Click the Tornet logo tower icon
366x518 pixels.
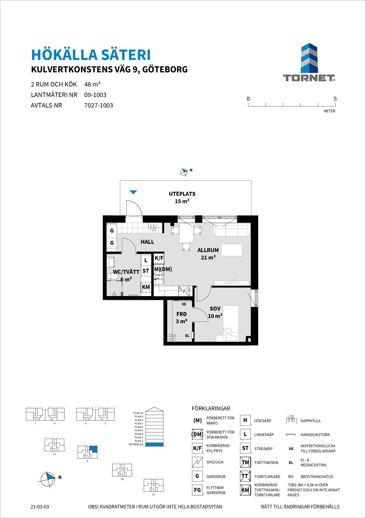click(x=309, y=58)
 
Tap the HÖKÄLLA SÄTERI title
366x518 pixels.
click(x=91, y=54)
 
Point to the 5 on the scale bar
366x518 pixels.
click(x=335, y=99)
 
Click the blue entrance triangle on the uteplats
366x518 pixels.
click(x=133, y=192)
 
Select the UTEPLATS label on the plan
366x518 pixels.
click(x=182, y=194)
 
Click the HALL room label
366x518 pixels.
click(x=147, y=242)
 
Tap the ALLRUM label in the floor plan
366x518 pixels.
click(x=208, y=250)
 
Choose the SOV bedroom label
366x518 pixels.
click(x=215, y=308)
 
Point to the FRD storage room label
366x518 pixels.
click(x=181, y=314)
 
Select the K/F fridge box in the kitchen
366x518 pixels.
click(x=159, y=258)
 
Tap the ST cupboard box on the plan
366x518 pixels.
click(x=146, y=271)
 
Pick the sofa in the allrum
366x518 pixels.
click(x=232, y=230)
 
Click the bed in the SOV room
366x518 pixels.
click(x=231, y=323)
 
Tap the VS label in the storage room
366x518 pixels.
click(x=184, y=304)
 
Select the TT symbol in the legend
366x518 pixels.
click(x=245, y=476)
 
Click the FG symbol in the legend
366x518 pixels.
click(x=197, y=490)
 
